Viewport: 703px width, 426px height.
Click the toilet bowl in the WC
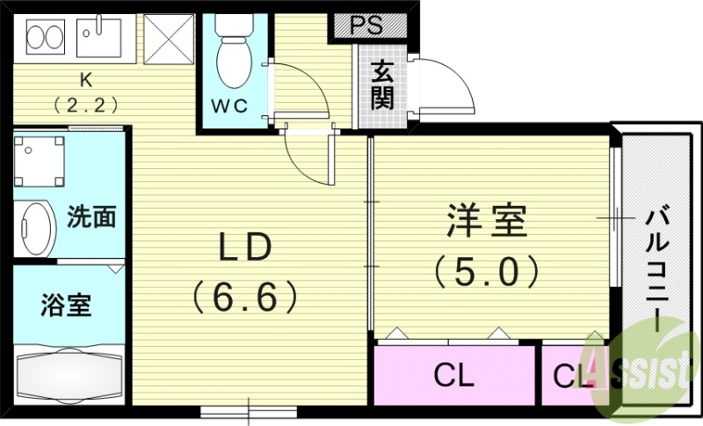coord(232,62)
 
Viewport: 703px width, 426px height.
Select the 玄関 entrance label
coord(382,85)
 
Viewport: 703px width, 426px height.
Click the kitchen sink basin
coord(99,38)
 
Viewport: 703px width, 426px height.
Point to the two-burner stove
coord(46,37)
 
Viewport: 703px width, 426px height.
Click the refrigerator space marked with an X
coord(169,39)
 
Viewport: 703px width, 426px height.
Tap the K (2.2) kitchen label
coord(85,93)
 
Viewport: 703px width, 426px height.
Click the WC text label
coord(229,106)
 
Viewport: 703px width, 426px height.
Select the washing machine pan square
coord(39,161)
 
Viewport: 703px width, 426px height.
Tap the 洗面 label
coord(91,217)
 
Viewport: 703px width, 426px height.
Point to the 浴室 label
coord(66,305)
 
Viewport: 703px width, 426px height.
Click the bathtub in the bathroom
coord(69,375)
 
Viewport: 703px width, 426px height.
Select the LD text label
coord(245,247)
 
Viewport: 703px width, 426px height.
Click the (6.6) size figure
coord(245,297)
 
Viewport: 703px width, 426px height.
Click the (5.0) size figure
coord(487,271)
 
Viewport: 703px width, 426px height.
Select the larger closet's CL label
coord(453,375)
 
